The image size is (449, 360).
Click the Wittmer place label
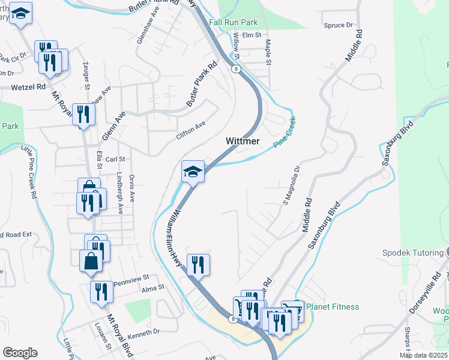(243, 141)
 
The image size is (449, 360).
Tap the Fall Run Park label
(234, 22)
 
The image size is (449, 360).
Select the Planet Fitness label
(333, 307)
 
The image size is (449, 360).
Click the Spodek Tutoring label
(412, 253)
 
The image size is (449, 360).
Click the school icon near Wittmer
(193, 172)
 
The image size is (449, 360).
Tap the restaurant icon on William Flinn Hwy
(198, 264)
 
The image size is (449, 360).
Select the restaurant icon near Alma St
(101, 292)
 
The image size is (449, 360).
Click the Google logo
(20, 353)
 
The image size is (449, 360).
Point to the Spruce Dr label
(338, 25)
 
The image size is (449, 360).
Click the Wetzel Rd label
(28, 87)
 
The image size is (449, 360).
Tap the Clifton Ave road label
(191, 130)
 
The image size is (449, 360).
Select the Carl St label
(115, 160)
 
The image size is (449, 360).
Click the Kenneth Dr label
(144, 331)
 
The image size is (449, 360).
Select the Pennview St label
(131, 280)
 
